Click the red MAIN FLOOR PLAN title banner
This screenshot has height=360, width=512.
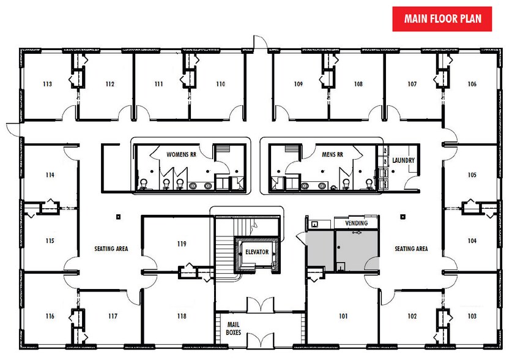coord(443,18)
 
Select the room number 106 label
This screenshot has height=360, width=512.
coord(472,84)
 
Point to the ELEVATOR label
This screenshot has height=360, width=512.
coord(257,252)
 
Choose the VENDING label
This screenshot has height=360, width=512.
coord(357,223)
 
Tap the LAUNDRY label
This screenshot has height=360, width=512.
coord(404,160)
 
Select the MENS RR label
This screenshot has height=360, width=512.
coord(325,154)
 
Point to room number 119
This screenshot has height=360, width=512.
coord(181,244)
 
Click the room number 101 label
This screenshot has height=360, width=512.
coord(343,317)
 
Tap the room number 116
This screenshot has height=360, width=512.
coord(50,317)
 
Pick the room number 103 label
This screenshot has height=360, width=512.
coord(472,317)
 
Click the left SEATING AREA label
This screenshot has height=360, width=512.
coord(111,249)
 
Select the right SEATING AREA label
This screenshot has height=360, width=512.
coord(410,249)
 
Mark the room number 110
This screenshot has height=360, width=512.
coord(220,84)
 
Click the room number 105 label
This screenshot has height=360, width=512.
coord(472,174)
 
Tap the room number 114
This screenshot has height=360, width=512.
coord(50,174)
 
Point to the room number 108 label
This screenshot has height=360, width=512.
coord(358,84)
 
